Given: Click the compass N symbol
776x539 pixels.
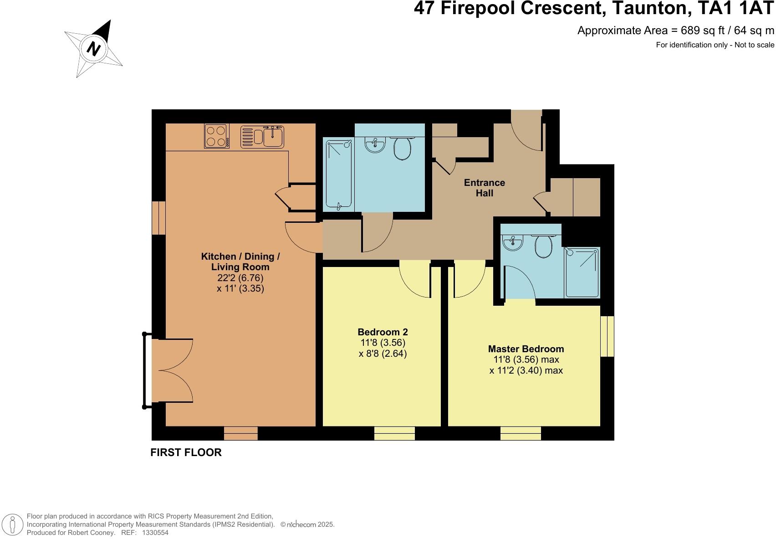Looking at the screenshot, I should click(x=93, y=48).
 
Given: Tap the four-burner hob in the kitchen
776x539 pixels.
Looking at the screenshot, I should click(x=216, y=136).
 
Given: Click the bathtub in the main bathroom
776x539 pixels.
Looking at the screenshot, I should click(x=339, y=175).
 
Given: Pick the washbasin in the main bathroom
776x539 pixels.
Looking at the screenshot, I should click(x=375, y=145).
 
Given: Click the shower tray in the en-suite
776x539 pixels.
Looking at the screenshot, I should click(x=582, y=272).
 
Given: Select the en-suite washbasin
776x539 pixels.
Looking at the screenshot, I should click(x=514, y=243).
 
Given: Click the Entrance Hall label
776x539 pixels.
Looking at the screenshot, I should click(x=484, y=188).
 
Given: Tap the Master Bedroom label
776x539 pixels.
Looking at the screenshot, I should click(x=526, y=349).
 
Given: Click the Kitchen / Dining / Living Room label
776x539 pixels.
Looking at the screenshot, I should click(x=240, y=262).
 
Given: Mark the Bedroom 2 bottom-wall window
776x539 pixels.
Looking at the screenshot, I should click(x=394, y=433).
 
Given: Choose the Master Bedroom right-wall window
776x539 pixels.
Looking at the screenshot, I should click(x=607, y=336).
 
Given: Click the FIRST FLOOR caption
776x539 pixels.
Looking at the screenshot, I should click(x=186, y=452).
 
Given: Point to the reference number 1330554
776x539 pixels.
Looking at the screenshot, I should click(x=155, y=532).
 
